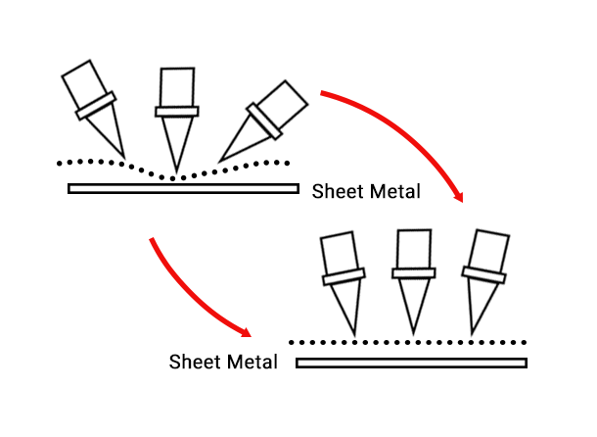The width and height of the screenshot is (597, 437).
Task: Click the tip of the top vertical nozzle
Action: pos(176,172)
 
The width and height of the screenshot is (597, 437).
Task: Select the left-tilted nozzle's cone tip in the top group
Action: pos(126,156)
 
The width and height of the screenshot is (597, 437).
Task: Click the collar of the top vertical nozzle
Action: pos(177,110)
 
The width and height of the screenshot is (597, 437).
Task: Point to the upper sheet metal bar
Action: pos(183,188)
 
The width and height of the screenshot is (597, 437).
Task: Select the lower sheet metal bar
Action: pos(411,364)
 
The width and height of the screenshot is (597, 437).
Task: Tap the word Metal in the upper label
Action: pos(392,191)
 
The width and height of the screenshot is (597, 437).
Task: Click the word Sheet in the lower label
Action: pos(194,361)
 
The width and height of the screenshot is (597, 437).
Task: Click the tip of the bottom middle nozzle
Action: pos(413,333)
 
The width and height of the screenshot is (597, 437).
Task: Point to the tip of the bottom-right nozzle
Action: pos(473,333)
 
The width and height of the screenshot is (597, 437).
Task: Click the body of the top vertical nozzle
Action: pos(177,86)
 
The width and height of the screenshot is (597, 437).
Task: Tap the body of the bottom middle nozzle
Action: pos(412,251)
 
